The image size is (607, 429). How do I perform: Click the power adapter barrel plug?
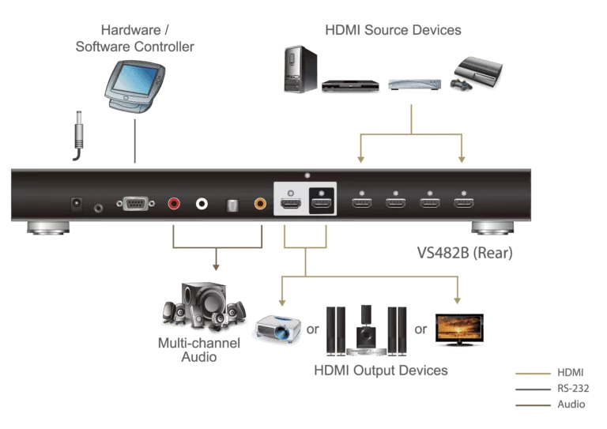[80, 130]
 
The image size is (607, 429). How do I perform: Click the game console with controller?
[477, 73]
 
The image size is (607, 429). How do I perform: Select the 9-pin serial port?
[135, 204]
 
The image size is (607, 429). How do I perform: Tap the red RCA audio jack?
[175, 204]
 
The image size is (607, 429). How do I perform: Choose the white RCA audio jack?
[202, 204]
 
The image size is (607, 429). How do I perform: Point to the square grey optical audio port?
[232, 204]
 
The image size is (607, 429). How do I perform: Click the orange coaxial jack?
[260, 204]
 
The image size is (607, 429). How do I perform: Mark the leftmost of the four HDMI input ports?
[362, 203]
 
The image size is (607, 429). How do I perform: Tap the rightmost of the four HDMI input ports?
[463, 203]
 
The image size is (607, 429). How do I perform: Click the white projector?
[276, 328]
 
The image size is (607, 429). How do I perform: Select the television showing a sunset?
[458, 326]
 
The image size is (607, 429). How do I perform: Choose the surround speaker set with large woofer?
[202, 304]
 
